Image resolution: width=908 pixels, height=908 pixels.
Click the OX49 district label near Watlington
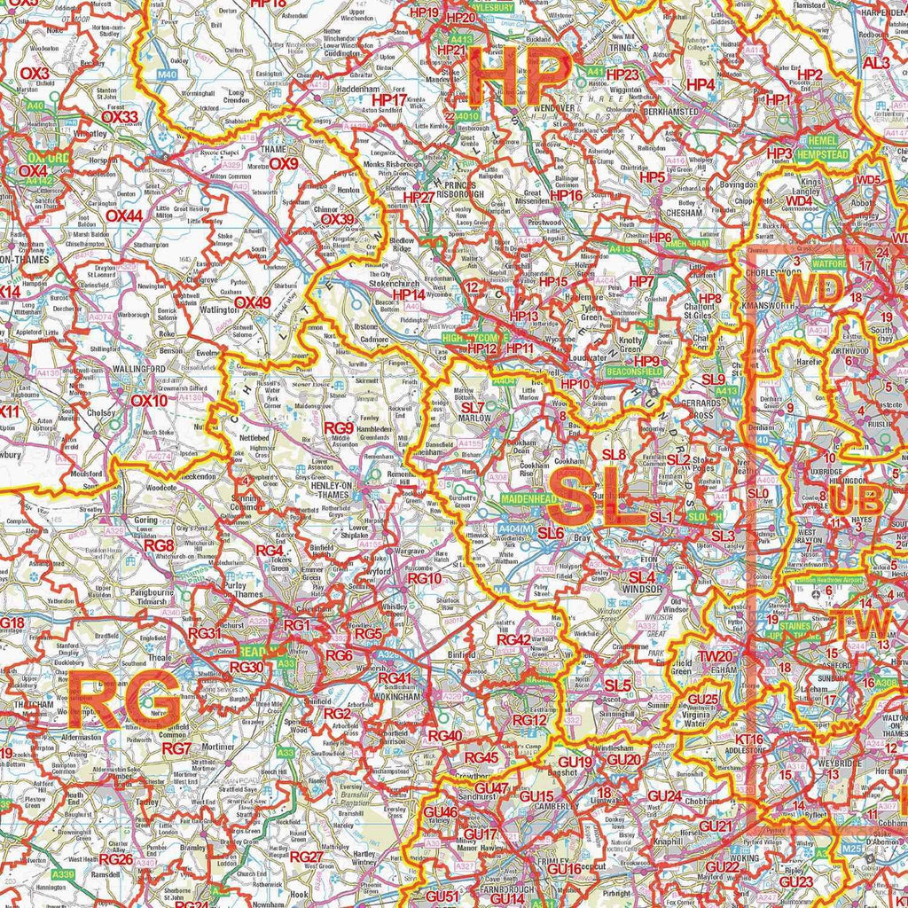(x=252, y=302)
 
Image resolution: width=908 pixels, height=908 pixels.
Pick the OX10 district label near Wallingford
(x=148, y=400)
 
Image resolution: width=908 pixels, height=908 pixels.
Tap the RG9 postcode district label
(x=339, y=428)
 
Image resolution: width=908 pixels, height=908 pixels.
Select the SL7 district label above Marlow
(x=473, y=408)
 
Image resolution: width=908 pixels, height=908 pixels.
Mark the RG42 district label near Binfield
(x=514, y=639)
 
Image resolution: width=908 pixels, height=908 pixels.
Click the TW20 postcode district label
(x=715, y=656)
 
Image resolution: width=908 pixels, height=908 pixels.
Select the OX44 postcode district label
(x=123, y=215)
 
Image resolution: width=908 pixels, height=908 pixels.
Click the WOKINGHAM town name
(x=398, y=698)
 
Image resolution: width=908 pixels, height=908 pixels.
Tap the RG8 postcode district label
(x=159, y=544)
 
